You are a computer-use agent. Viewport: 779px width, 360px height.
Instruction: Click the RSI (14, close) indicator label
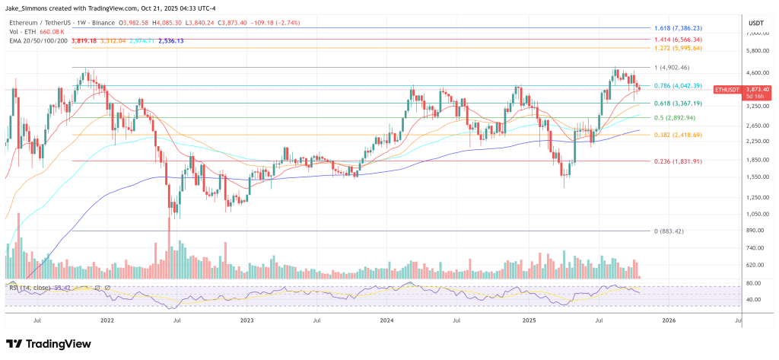27,288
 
